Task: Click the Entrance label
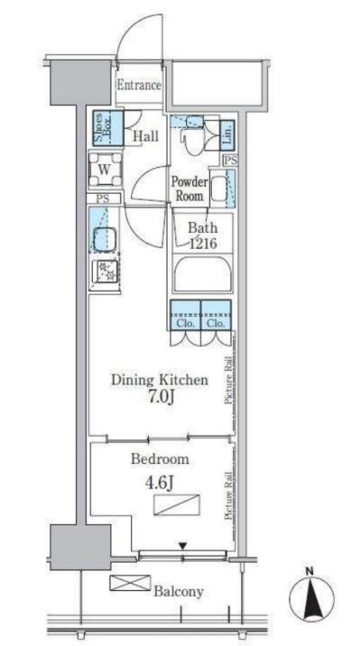(x=139, y=86)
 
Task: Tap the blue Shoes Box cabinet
(x=108, y=128)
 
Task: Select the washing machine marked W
(x=106, y=169)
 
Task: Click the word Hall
(x=145, y=136)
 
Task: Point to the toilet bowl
(x=195, y=140)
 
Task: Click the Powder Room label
(x=189, y=189)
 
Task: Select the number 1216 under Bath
(x=203, y=244)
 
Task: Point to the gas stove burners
(x=105, y=272)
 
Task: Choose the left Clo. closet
(x=185, y=315)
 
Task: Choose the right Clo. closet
(x=216, y=315)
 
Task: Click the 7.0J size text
(x=160, y=398)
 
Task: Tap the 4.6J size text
(x=158, y=483)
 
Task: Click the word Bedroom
(x=160, y=459)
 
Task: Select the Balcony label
(x=179, y=592)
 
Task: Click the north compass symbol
(x=311, y=596)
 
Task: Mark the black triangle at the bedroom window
(x=183, y=546)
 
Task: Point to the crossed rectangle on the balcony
(x=130, y=583)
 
